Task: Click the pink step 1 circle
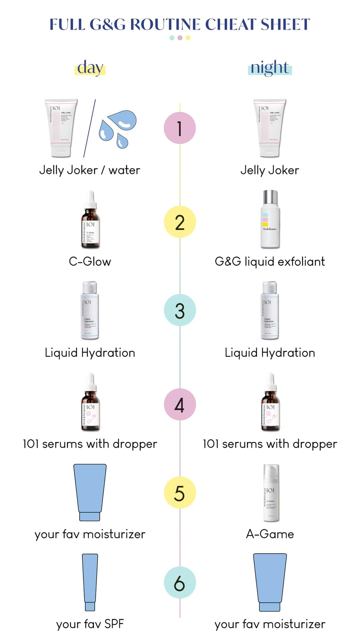tap(180, 128)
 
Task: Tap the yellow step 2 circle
tap(180, 222)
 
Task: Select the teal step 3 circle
tap(180, 310)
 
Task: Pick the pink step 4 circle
tap(180, 405)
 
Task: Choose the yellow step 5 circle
tap(180, 493)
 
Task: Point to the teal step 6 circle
tap(180, 582)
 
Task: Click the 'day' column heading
tap(90, 68)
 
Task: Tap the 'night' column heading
tap(270, 68)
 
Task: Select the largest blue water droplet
tap(122, 120)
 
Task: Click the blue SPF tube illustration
tap(90, 582)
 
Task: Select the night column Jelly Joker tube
tap(270, 128)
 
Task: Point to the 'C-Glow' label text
tap(90, 262)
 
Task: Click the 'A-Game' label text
tap(270, 534)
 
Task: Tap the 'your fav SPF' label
tap(90, 624)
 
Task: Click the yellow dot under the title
tap(188, 38)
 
